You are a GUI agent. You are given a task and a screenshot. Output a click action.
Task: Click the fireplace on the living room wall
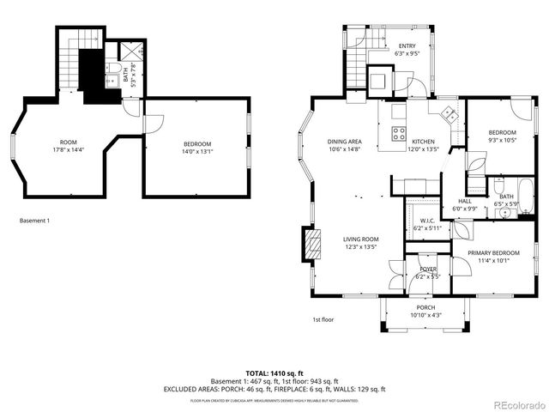tap(312, 245)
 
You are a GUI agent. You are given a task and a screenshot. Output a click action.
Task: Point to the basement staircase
tap(70, 60)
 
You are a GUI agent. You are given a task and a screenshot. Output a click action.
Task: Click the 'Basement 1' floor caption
tap(34, 221)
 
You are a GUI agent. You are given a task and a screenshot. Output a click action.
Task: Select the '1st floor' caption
tap(323, 320)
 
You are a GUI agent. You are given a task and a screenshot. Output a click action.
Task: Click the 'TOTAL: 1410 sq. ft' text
tap(274, 373)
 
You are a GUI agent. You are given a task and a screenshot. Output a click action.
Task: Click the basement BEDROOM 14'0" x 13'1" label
tap(197, 148)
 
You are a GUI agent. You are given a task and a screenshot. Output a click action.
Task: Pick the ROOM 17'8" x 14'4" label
tap(68, 146)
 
